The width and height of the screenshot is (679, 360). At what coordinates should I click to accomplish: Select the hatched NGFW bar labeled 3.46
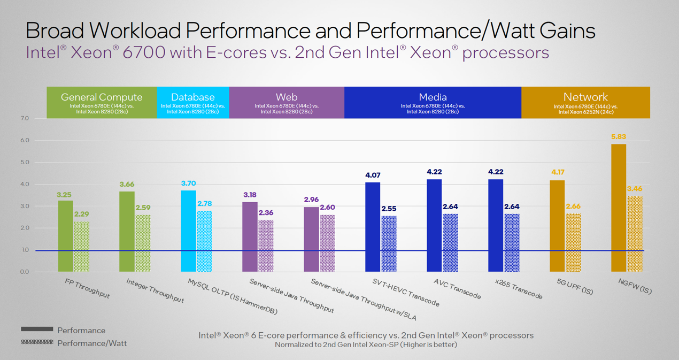pyautogui.click(x=635, y=234)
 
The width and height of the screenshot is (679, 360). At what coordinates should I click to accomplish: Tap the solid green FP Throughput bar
pyautogui.click(x=65, y=236)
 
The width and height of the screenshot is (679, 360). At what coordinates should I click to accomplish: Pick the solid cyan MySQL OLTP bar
pyautogui.click(x=188, y=231)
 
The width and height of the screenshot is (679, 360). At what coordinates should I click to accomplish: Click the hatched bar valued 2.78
pyautogui.click(x=204, y=241)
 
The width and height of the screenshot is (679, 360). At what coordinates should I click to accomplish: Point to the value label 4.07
pyautogui.click(x=373, y=175)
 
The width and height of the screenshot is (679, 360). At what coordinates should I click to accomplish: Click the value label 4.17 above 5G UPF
pyautogui.click(x=557, y=172)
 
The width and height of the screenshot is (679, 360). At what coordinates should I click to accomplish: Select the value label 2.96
pyautogui.click(x=311, y=200)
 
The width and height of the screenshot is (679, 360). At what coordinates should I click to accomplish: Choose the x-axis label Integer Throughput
pyautogui.click(x=155, y=290)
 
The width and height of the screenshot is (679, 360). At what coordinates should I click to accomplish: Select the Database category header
pyautogui.click(x=192, y=97)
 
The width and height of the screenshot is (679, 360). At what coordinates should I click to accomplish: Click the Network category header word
pyautogui.click(x=585, y=97)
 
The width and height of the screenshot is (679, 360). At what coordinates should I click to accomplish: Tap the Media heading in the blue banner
pyautogui.click(x=433, y=97)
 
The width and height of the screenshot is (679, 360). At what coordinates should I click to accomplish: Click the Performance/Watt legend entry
pyautogui.click(x=92, y=343)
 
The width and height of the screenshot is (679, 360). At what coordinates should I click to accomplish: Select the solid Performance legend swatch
pyautogui.click(x=37, y=329)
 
